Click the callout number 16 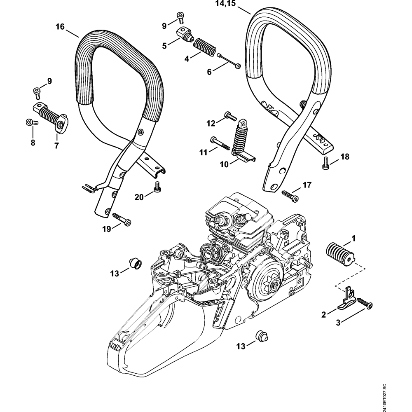coord(60,27)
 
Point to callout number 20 coord(139,197)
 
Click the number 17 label coord(307,185)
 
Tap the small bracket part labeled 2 coord(346,300)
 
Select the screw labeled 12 coord(230,116)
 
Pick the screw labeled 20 coord(156,187)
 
